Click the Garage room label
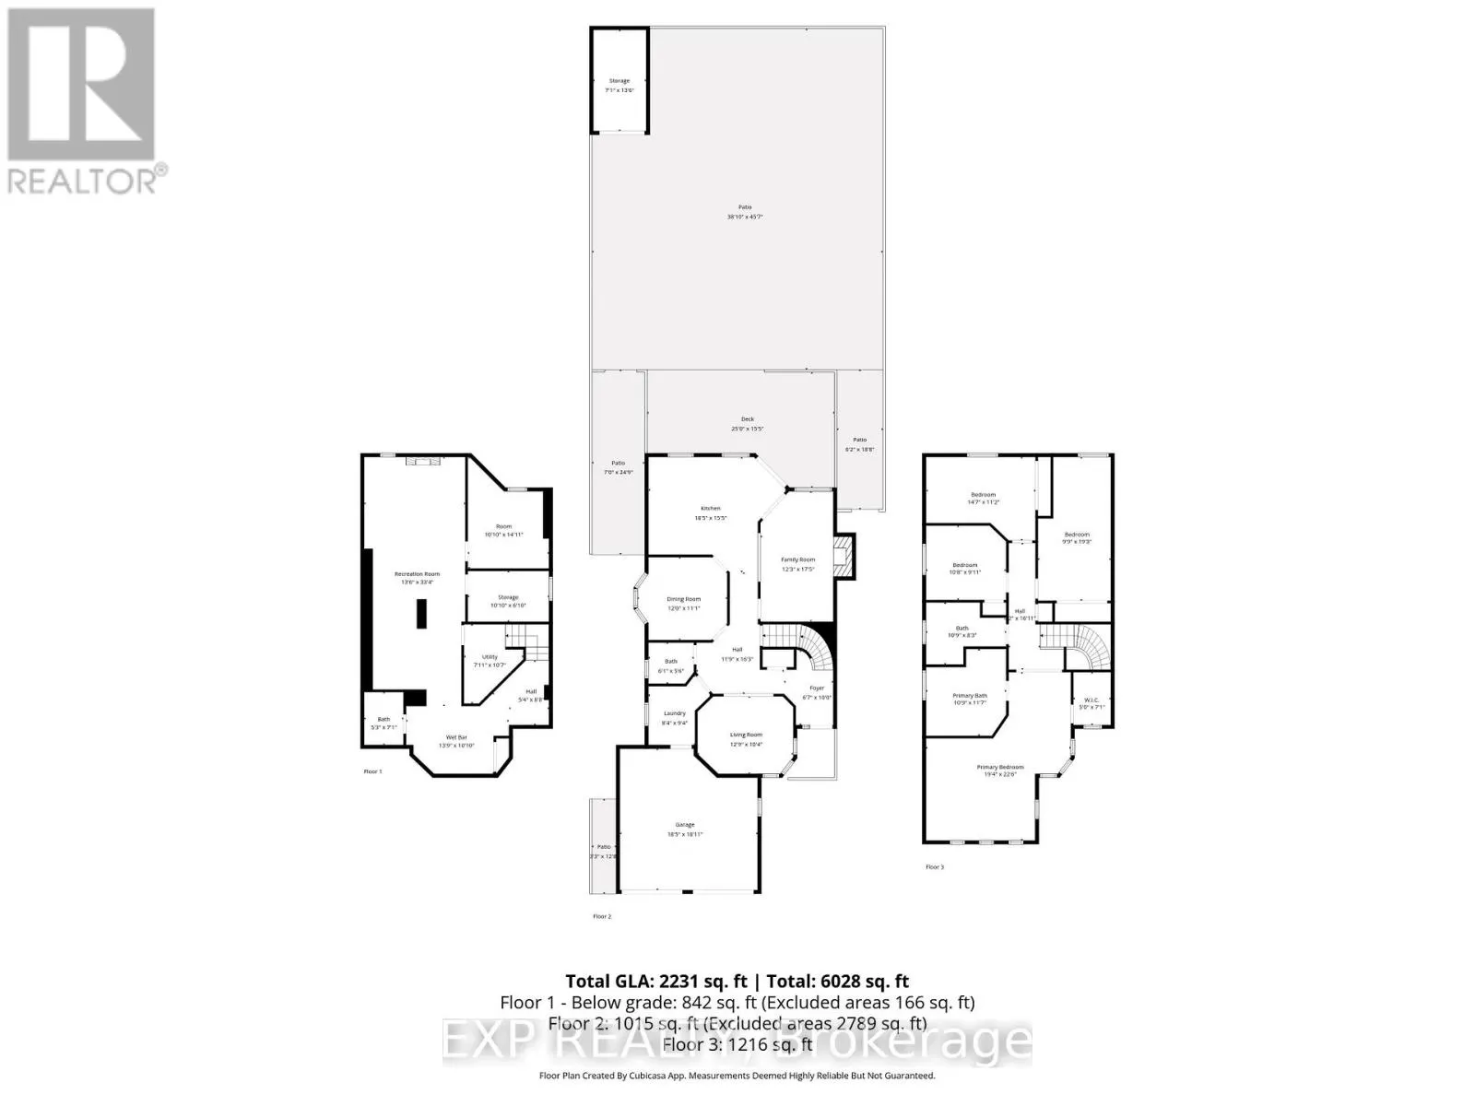coord(685,825)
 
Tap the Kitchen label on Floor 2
coord(710,509)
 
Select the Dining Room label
coord(684,600)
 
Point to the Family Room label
coord(798,560)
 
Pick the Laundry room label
coord(674,713)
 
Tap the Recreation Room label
coord(418,574)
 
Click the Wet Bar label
coord(455,737)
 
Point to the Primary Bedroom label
coord(1000,768)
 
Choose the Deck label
coord(748,420)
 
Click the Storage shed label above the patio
coord(619,81)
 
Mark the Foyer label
coord(817,688)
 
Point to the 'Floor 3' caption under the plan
coord(935,867)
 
